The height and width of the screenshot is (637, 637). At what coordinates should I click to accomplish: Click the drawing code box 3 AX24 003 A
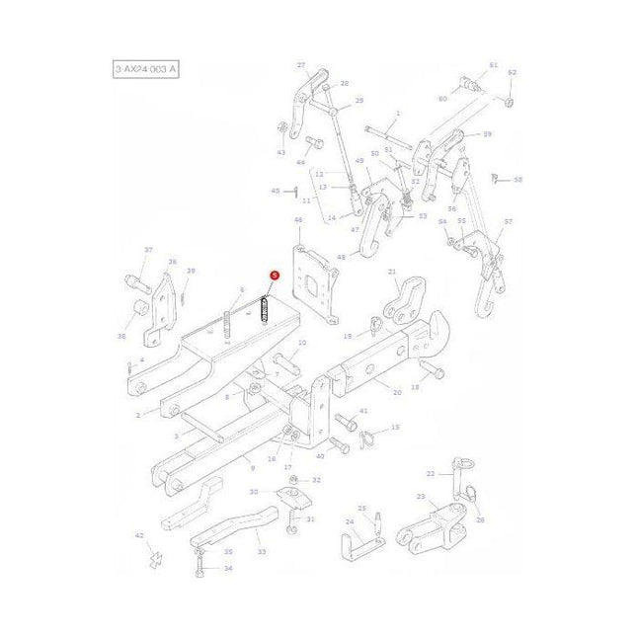click(x=146, y=70)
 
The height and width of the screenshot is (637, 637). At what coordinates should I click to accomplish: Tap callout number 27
click(x=300, y=65)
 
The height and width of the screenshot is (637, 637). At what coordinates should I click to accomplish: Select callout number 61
click(x=493, y=65)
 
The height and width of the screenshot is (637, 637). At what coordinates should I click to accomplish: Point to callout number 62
click(x=512, y=73)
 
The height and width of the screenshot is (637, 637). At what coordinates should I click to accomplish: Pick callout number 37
click(x=149, y=251)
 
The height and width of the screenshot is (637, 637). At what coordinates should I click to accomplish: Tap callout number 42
click(x=139, y=535)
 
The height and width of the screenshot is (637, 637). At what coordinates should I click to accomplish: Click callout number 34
click(x=228, y=569)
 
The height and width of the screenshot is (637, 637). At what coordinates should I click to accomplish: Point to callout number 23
click(x=420, y=497)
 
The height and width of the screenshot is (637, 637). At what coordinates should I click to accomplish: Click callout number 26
click(x=481, y=520)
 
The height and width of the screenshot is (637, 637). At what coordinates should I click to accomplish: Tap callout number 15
click(x=395, y=428)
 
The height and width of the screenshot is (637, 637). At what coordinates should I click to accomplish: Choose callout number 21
click(x=392, y=272)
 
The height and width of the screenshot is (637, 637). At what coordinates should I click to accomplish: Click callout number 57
click(x=509, y=223)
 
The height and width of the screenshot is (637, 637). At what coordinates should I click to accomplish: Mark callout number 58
click(x=518, y=180)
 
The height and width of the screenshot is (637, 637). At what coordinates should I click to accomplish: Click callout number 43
click(x=280, y=152)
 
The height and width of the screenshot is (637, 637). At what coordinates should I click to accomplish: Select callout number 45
click(x=275, y=191)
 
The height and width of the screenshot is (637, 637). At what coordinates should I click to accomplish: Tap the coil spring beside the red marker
click(x=265, y=309)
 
